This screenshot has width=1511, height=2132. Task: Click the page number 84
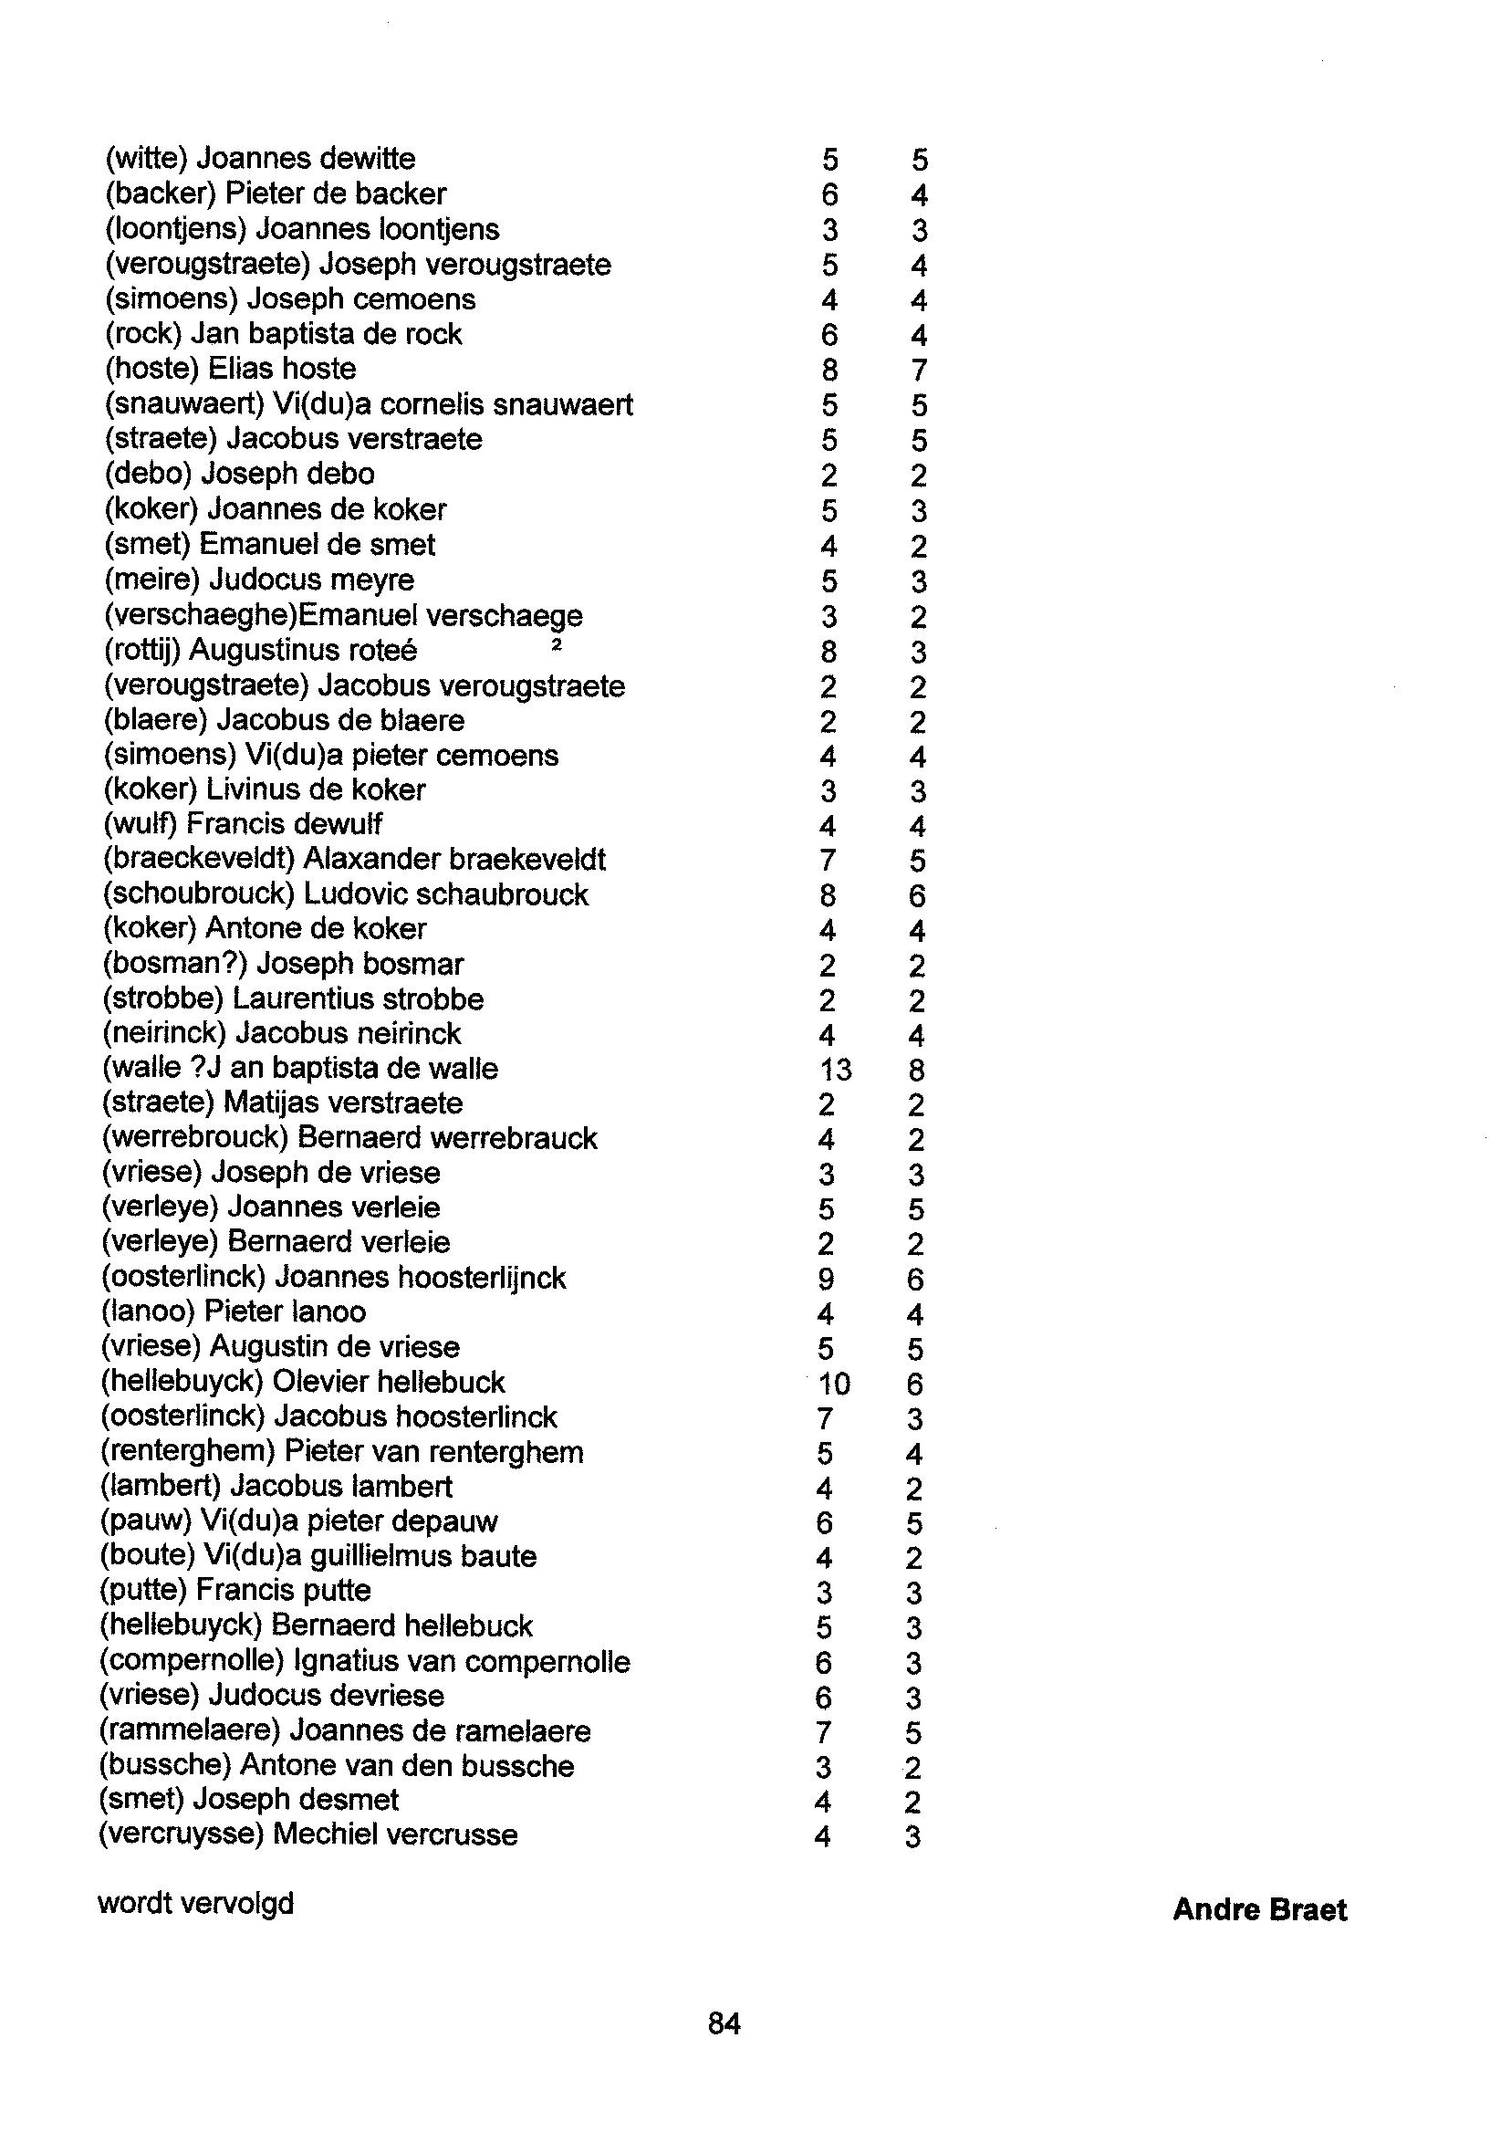(724, 2023)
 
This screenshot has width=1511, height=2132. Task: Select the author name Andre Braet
(1259, 1910)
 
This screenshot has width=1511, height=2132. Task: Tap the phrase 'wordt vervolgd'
(195, 1903)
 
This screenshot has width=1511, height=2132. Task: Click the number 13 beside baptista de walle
(835, 1070)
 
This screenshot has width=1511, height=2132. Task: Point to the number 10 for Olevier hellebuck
(834, 1384)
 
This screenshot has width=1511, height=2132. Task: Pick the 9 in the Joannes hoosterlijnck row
(825, 1280)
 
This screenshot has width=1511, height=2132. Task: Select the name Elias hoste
(281, 369)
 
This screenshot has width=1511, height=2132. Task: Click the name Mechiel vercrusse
(395, 1834)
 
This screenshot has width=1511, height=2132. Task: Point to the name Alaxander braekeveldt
(455, 859)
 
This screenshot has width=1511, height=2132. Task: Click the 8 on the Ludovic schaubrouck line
(828, 895)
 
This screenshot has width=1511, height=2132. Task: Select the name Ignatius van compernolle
(462, 1662)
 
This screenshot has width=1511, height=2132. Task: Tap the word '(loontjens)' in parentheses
(176, 229)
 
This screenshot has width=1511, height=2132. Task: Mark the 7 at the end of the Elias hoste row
(918, 371)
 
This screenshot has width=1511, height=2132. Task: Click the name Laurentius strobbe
(359, 998)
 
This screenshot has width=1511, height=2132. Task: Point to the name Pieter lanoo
(285, 1312)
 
